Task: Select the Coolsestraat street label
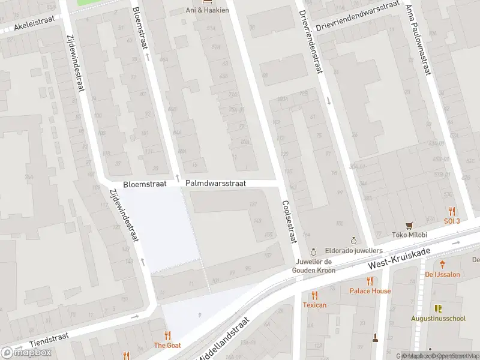(x=289, y=222)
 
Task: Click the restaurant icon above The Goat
(x=167, y=335)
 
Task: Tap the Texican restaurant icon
(x=314, y=295)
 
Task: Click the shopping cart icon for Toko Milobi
(x=410, y=226)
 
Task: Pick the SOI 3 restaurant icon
(x=452, y=211)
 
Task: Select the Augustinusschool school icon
(x=438, y=308)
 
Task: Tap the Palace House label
(x=370, y=291)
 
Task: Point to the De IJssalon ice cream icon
(x=443, y=264)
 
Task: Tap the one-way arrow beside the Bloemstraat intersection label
(x=178, y=177)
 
